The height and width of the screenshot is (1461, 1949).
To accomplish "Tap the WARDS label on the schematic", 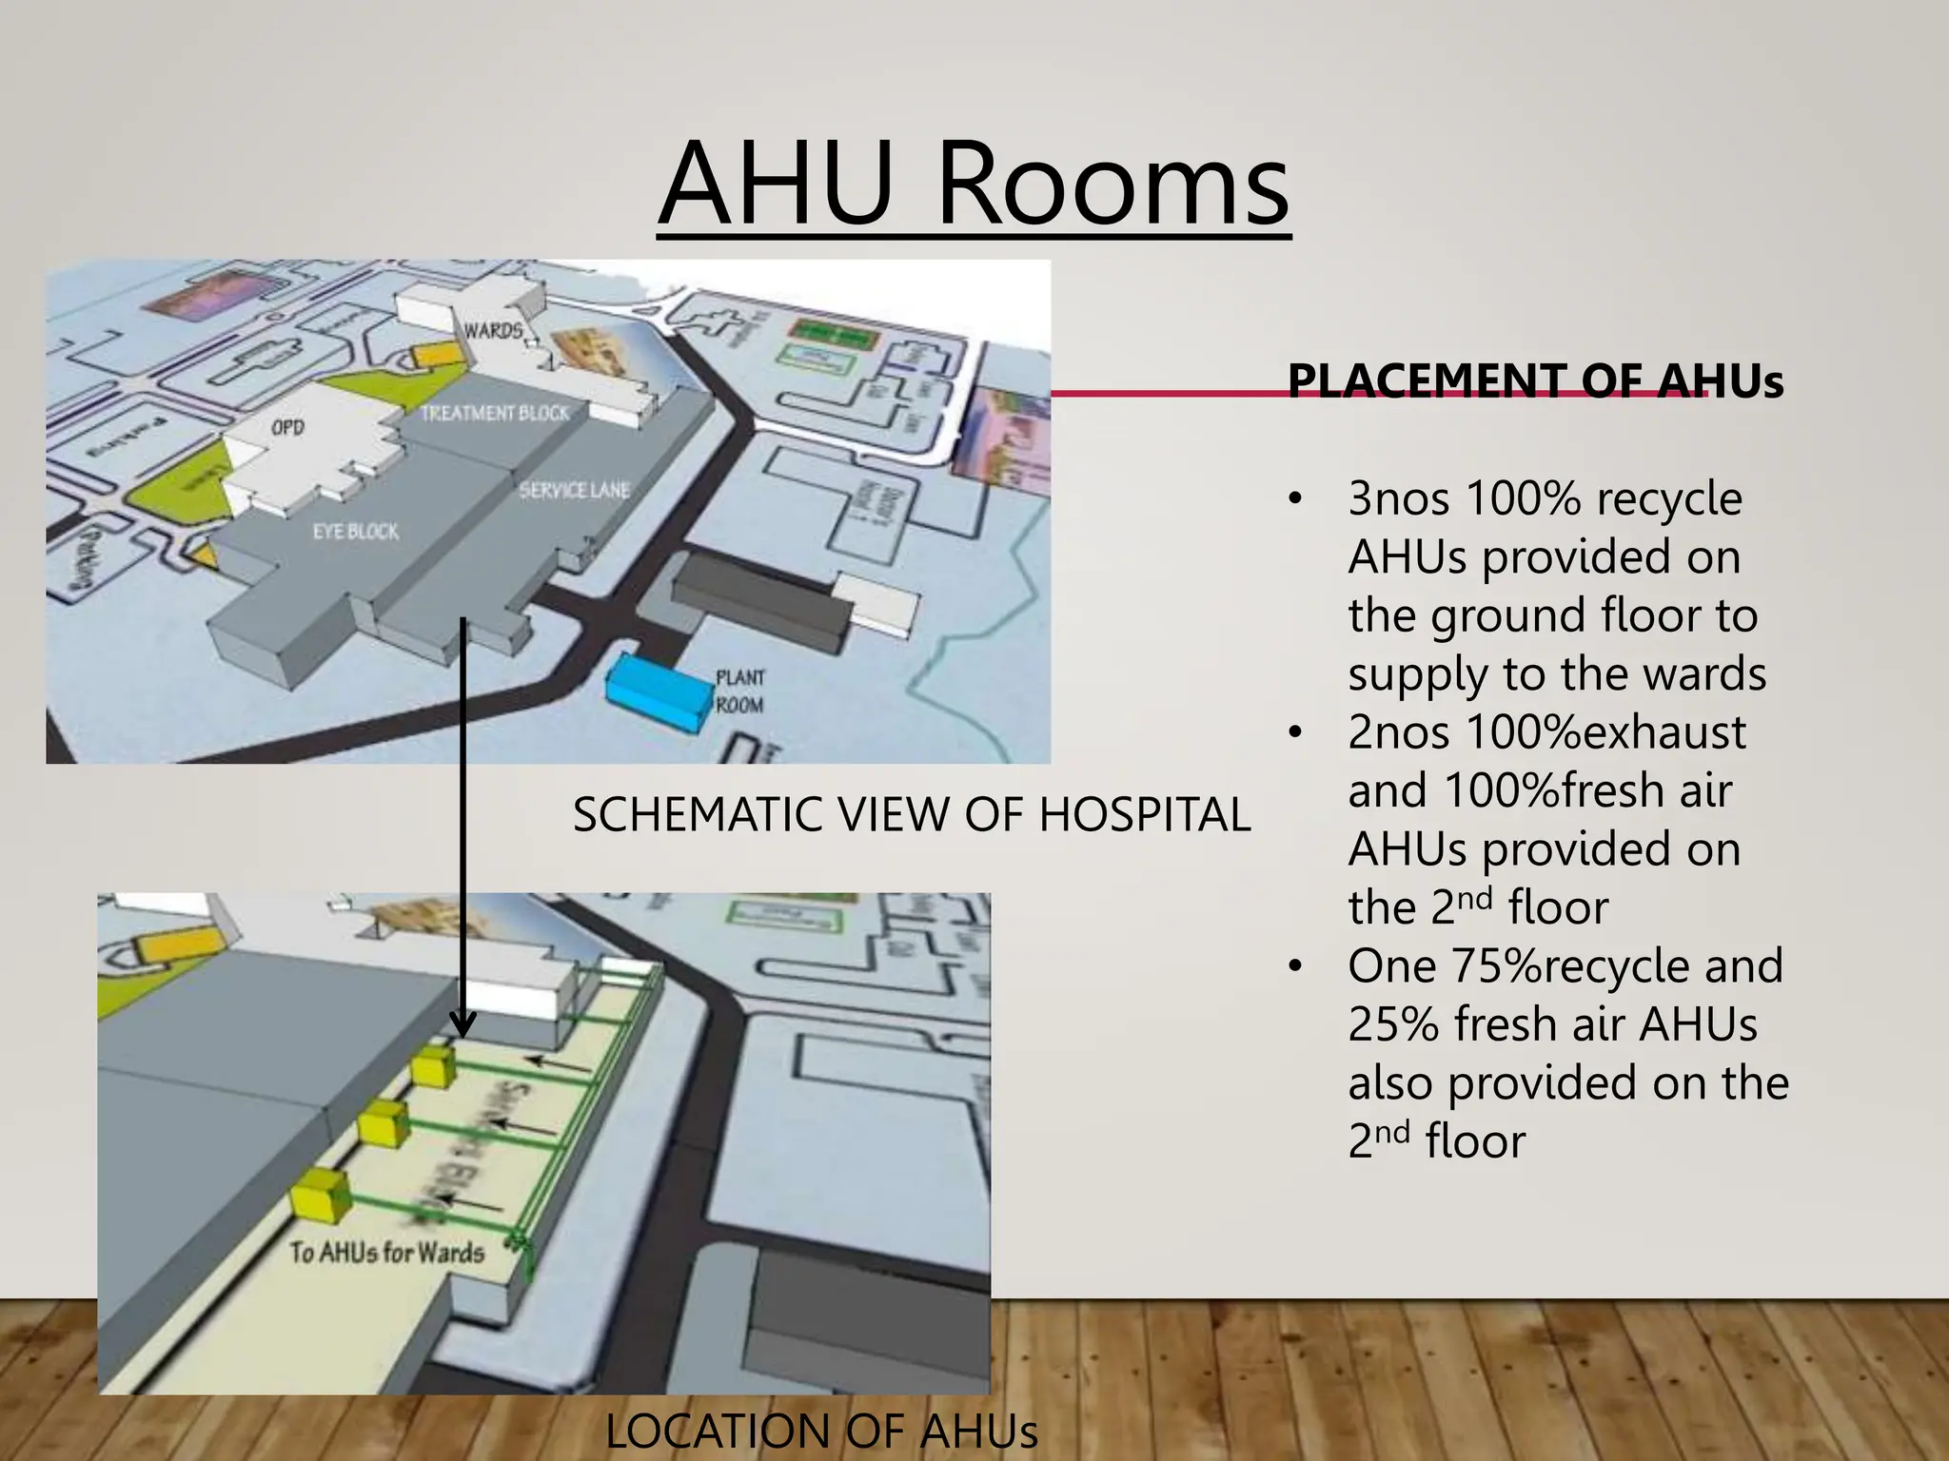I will click(x=493, y=330).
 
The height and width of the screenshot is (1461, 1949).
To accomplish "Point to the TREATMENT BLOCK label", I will click(x=495, y=413).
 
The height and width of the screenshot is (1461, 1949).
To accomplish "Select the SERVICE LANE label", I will click(x=574, y=490).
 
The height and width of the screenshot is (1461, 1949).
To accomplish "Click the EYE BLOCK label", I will click(x=356, y=531).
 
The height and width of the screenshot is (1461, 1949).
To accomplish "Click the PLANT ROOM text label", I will click(x=739, y=692).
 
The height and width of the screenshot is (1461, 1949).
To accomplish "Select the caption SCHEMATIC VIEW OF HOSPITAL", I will click(x=911, y=815).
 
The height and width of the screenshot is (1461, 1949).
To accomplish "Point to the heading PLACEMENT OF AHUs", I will click(x=1535, y=380).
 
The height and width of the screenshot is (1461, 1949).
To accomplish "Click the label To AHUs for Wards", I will click(x=387, y=1252).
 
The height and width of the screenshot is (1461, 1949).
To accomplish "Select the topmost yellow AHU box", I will click(x=434, y=1068).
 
